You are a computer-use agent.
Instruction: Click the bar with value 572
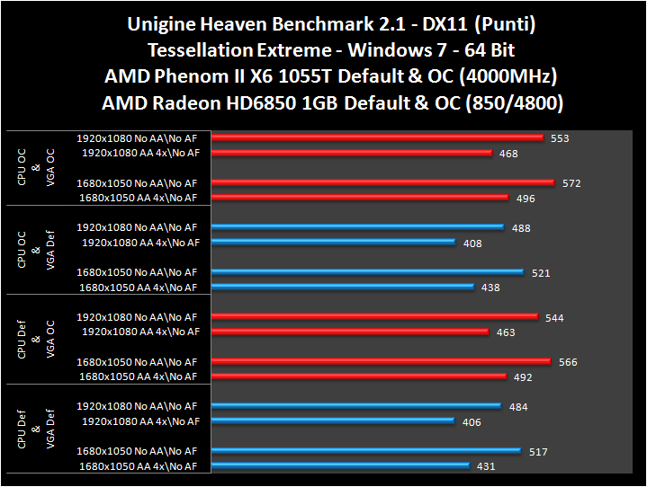click(384, 182)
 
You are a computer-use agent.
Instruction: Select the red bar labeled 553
click(379, 137)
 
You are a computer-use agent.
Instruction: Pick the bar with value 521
click(368, 271)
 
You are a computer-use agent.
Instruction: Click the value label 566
click(568, 362)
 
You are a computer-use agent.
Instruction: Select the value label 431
click(486, 465)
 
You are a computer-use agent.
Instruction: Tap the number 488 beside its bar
click(520, 228)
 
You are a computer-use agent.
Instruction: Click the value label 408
click(472, 243)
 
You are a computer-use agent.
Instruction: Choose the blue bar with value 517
click(366, 450)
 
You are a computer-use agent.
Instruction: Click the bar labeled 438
click(343, 287)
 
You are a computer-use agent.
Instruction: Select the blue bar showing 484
click(357, 405)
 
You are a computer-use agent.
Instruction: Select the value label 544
click(555, 318)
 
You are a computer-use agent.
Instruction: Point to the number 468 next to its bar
click(508, 154)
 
